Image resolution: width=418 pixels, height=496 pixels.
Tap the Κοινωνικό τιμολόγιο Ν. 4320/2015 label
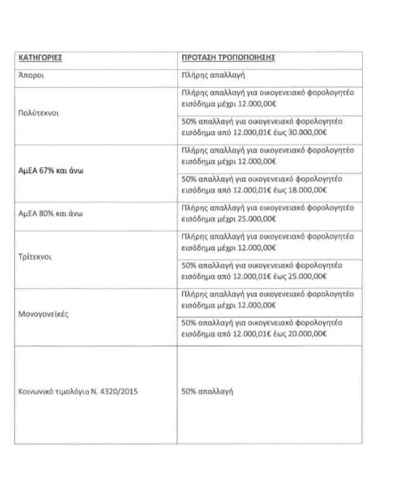[78, 391]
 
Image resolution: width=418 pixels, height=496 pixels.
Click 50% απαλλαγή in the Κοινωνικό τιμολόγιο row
[207, 391]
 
